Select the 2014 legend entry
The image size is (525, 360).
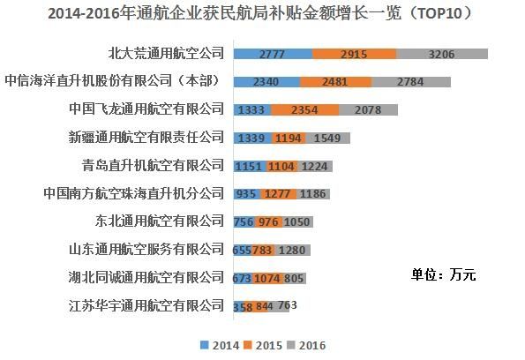pos(220,345)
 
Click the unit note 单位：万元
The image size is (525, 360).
pos(443,274)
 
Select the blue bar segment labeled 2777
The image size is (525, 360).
pos(273,55)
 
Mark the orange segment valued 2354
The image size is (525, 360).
pos(304,109)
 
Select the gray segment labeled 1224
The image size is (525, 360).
pos(315,166)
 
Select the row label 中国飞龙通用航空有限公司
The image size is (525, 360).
pos(147,109)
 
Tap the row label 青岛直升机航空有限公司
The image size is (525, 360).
pos(154,165)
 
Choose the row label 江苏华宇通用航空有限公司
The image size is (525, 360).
pos(147,305)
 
